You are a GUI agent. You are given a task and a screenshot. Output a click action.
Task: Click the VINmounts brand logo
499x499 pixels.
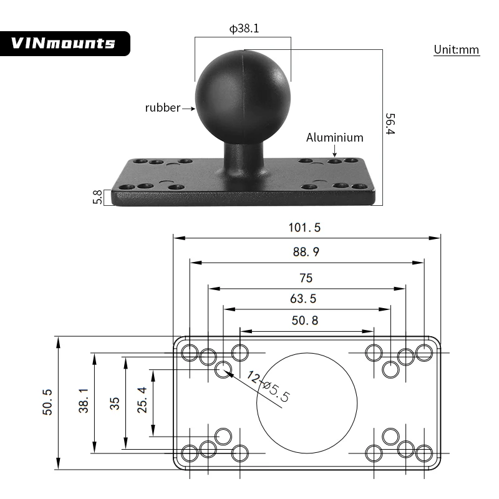(x=64, y=43)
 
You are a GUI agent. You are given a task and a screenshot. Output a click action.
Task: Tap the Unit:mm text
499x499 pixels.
(x=457, y=50)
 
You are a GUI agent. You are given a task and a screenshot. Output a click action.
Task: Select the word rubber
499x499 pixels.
(x=162, y=108)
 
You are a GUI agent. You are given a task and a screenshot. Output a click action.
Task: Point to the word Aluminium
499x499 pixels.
(x=334, y=138)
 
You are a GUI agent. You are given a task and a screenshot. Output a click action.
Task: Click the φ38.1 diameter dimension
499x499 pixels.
(x=243, y=29)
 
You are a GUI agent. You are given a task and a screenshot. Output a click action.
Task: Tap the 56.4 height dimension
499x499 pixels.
(x=390, y=124)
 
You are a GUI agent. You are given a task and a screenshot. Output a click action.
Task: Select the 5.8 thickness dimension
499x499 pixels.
(x=97, y=196)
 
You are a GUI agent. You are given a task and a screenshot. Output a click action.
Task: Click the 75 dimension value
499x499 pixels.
(x=306, y=278)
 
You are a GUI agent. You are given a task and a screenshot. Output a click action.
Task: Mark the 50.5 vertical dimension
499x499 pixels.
(x=47, y=402)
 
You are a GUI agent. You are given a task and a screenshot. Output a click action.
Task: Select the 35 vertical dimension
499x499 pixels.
(x=115, y=403)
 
